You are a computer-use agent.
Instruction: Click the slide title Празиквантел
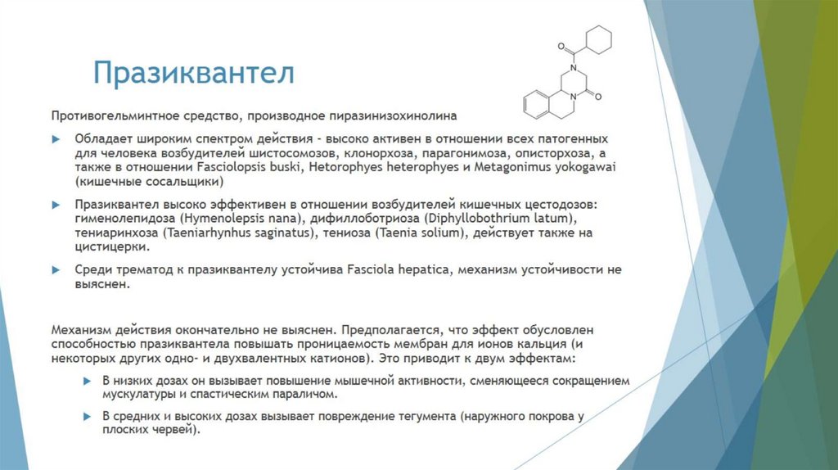click(193, 73)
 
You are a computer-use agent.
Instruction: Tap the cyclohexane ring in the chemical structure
click(599, 40)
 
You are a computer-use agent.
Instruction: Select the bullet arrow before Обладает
click(56, 140)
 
